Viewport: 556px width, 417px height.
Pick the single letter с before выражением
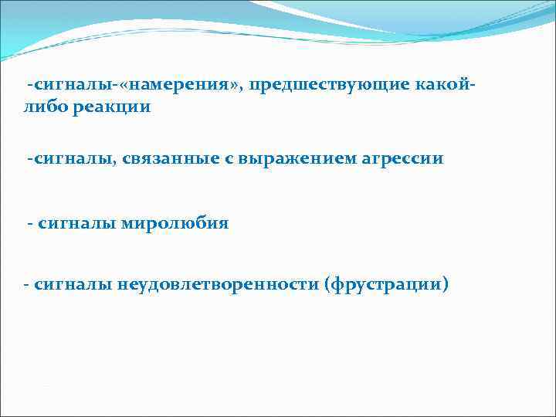click(188, 159)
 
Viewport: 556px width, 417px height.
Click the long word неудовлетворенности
click(219, 284)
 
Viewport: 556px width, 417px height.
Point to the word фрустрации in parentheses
click(386, 284)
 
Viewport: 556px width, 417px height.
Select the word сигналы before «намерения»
click(64, 84)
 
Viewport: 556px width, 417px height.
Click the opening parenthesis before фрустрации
click(330, 284)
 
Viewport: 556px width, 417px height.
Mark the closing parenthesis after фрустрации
click(444, 284)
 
